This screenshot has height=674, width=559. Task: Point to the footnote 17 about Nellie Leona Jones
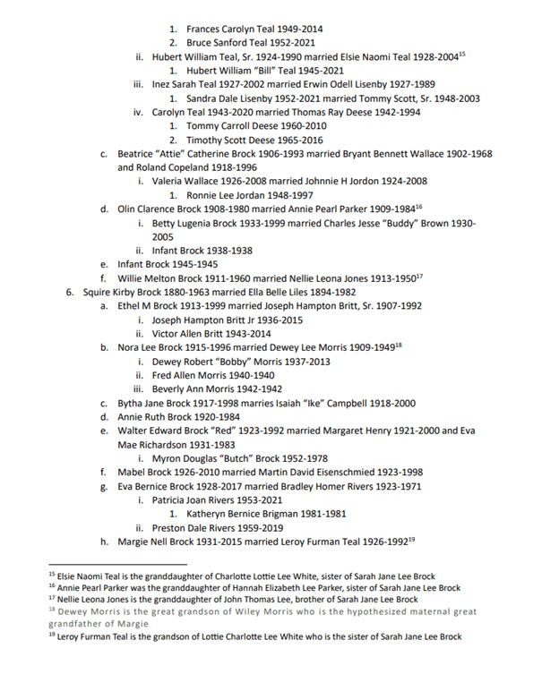(242, 599)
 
